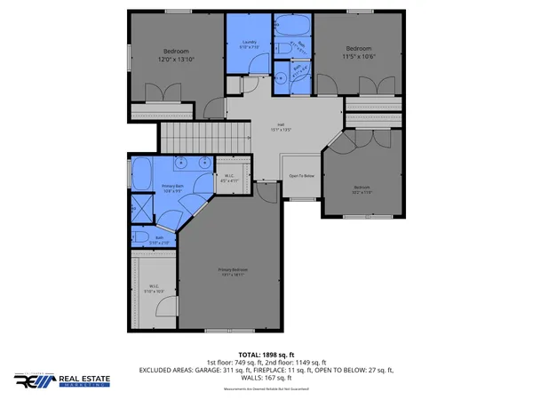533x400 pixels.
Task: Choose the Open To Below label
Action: point(302,176)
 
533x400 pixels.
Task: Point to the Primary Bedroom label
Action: point(233,271)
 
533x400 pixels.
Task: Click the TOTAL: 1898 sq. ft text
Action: point(266,355)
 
